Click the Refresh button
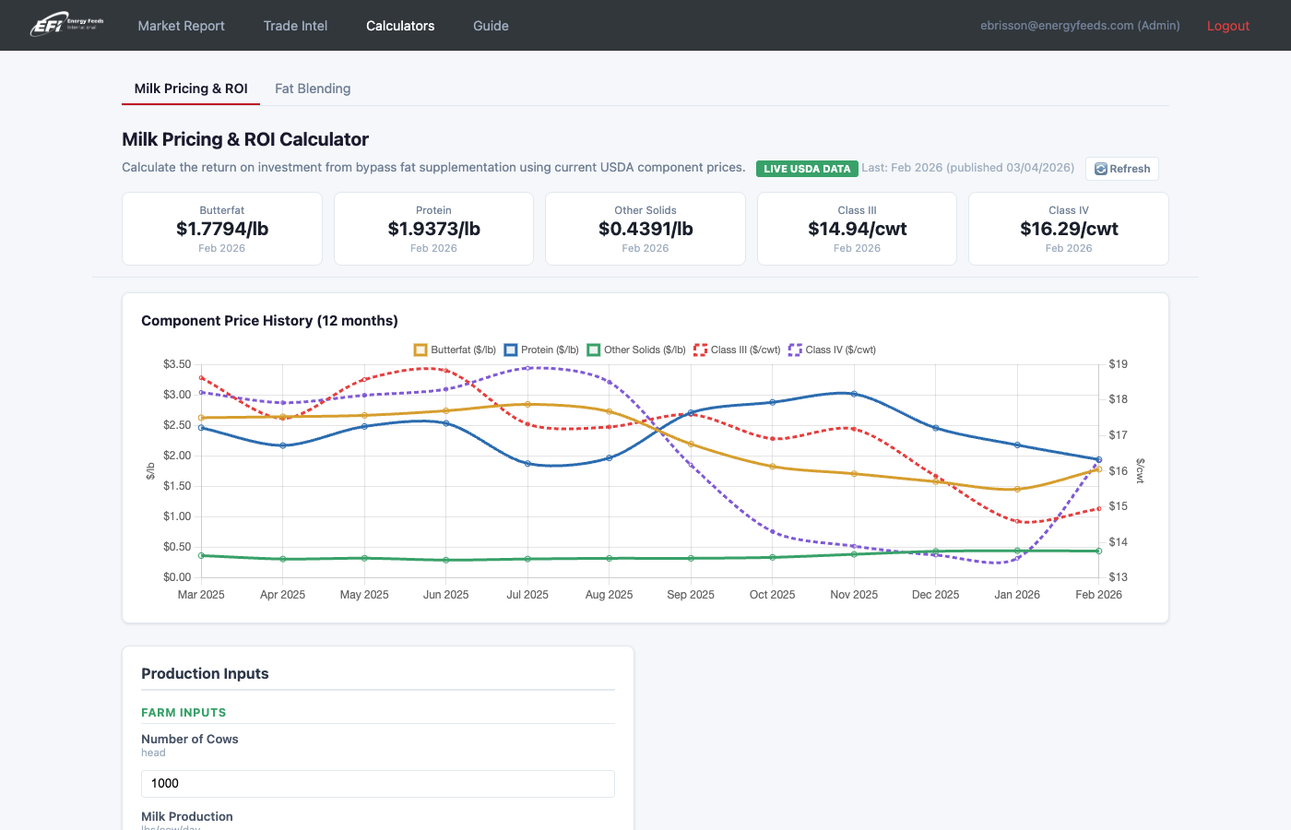coord(1122,169)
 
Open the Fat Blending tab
coord(313,89)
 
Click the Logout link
coord(1227,26)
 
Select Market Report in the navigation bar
coord(181,26)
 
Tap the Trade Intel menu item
coord(295,26)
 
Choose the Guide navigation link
coord(491,26)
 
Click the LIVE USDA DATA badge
coord(807,169)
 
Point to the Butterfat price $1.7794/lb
coord(222,229)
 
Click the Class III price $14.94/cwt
coord(857,229)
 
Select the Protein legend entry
coord(541,350)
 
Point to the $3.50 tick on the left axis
coord(177,364)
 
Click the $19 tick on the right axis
coord(1118,364)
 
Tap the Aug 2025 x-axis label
coord(609,595)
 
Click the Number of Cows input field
coord(377,784)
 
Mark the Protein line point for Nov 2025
coord(854,394)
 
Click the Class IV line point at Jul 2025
coord(527,368)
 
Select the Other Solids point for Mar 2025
coord(202,556)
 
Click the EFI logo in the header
coord(66,25)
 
